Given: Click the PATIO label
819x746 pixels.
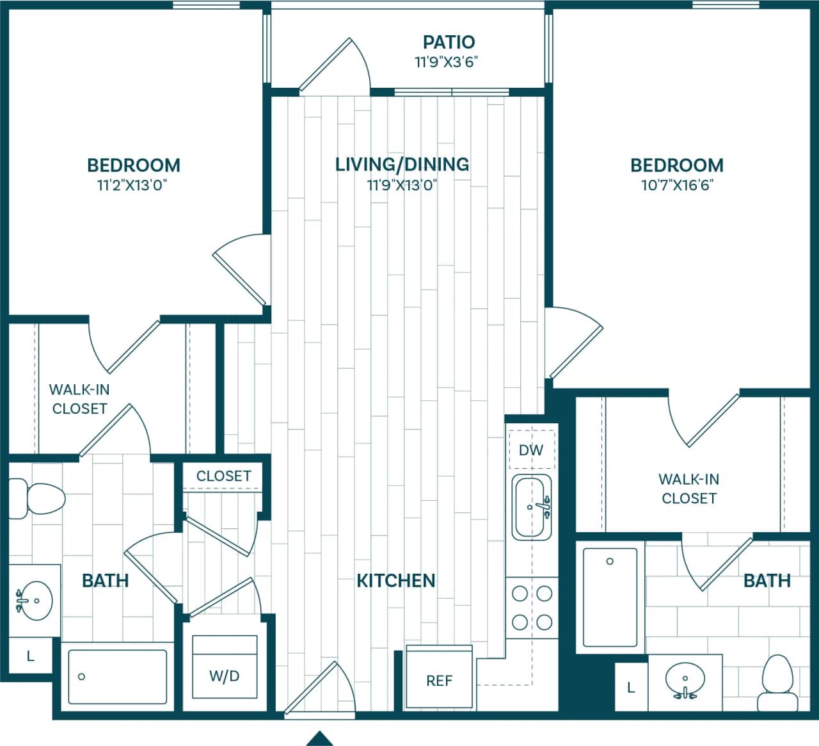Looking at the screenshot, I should (449, 42).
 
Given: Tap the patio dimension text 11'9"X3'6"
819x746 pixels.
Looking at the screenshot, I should (447, 62).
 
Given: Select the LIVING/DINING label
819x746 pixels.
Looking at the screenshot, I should (402, 165).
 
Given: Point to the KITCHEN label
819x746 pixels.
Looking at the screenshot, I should (395, 581).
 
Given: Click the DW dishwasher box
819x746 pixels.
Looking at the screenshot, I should (530, 450).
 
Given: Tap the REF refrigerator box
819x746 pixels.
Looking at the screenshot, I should (440, 680).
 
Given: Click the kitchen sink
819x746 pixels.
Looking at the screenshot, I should (531, 507).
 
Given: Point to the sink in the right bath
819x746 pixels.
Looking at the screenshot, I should (685, 681).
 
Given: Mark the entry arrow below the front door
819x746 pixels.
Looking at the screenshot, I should (320, 738).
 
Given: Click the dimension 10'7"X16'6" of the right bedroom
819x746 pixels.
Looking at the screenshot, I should (676, 186).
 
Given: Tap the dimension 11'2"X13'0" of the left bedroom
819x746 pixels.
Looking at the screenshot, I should (133, 186).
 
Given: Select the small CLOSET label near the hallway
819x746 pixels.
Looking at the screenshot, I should (223, 476).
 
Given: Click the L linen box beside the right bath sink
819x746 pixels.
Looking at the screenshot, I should (631, 688).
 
